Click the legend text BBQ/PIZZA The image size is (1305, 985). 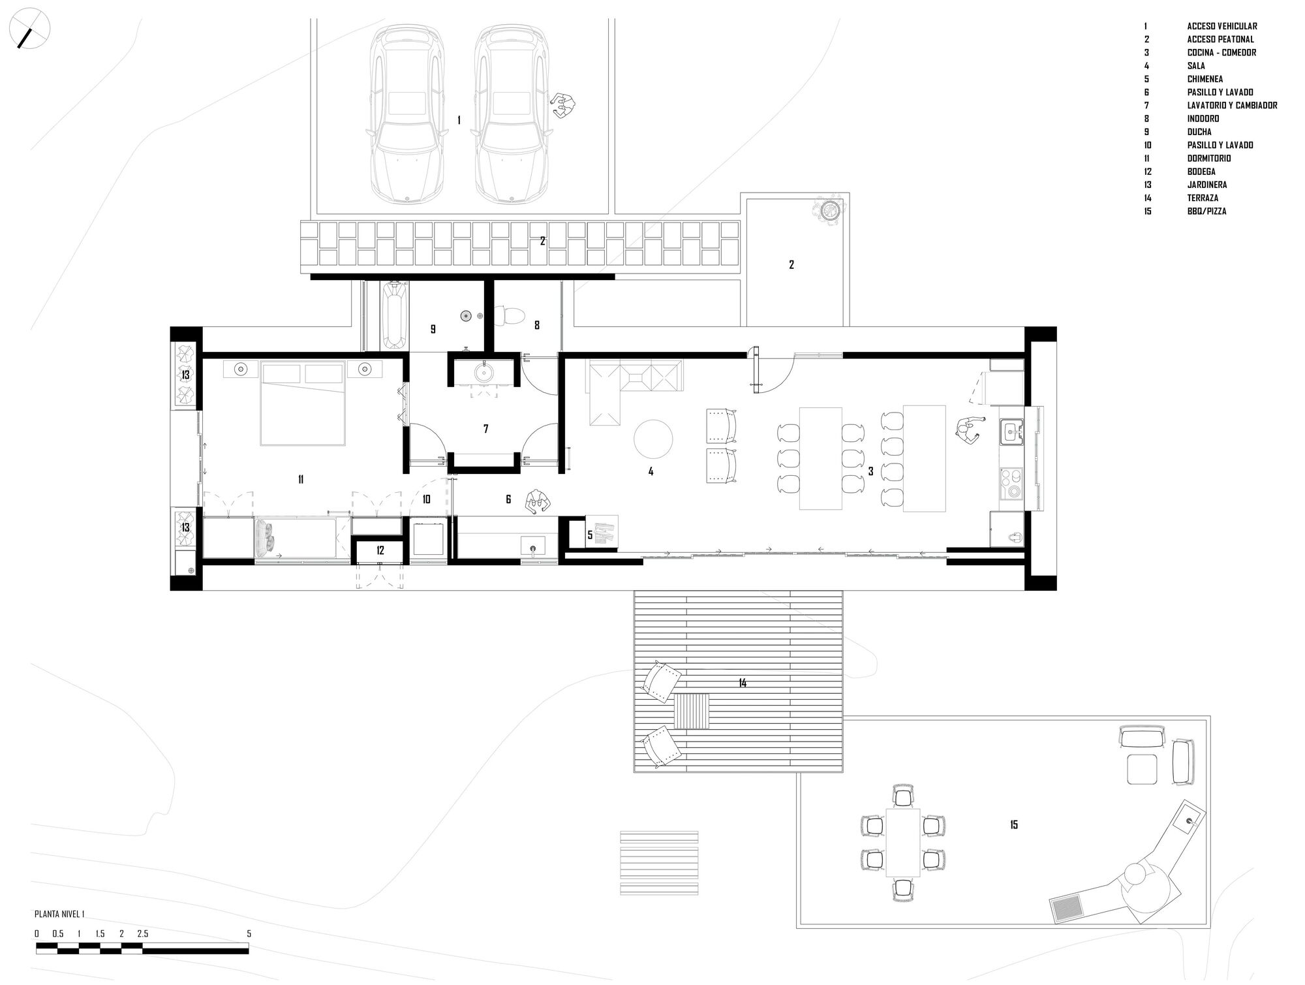[x=1206, y=211]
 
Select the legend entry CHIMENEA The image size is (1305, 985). [x=1205, y=79]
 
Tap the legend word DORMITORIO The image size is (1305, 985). [x=1209, y=159]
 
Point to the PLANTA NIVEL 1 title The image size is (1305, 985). [x=59, y=915]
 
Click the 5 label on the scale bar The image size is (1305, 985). [x=249, y=934]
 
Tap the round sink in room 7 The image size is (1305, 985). [x=484, y=373]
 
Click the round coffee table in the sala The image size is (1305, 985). [x=653, y=439]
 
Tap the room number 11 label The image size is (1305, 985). [x=301, y=480]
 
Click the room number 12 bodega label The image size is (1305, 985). [x=380, y=551]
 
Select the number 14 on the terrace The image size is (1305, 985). [x=743, y=683]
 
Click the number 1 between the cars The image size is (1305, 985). [x=459, y=121]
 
